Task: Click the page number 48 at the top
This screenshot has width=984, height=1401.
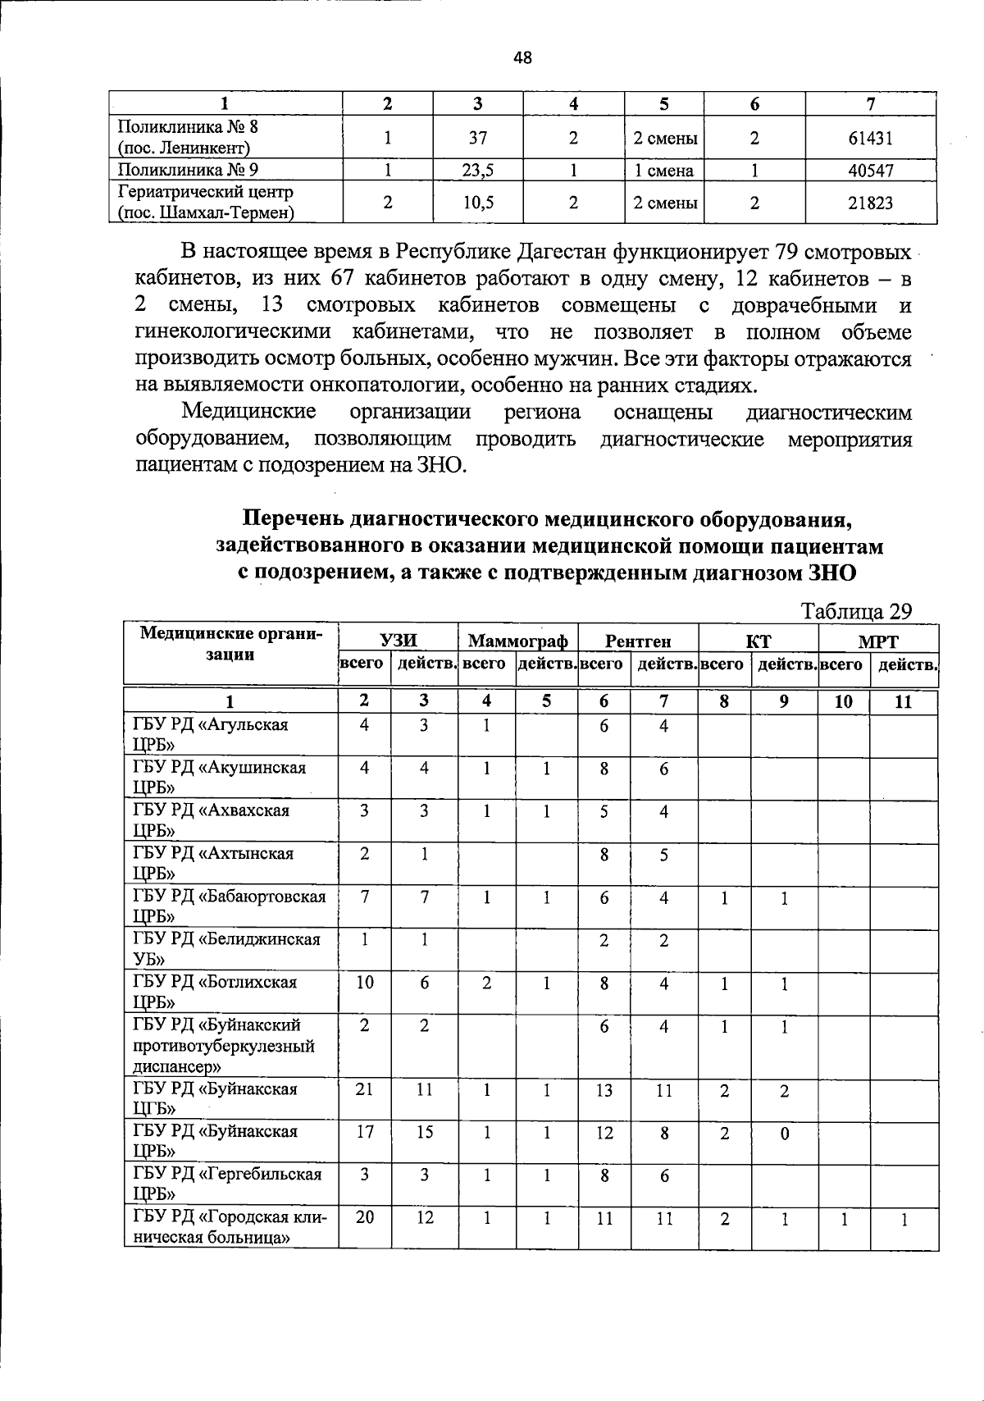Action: tap(522, 57)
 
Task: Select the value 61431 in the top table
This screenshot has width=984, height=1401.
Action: tap(870, 138)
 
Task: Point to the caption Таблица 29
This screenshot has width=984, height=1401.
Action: tap(856, 611)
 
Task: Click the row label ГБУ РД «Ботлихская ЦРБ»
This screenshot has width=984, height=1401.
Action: tap(215, 992)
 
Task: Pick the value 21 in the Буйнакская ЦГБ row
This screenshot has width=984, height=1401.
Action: tap(365, 1089)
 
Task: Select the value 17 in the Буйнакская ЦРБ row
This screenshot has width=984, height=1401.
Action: tap(365, 1132)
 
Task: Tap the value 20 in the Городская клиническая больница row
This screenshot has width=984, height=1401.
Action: tap(365, 1218)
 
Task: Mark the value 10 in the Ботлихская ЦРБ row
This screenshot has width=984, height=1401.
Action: tap(365, 982)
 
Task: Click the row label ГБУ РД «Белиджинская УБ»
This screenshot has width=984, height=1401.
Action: tap(226, 949)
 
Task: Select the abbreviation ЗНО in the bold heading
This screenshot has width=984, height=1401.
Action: tap(833, 573)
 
